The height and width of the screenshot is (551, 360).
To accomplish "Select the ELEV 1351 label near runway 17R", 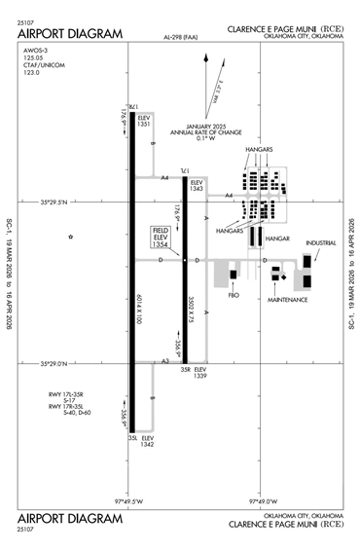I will tap(144, 121).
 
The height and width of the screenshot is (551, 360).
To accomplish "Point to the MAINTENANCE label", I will tap(288, 300).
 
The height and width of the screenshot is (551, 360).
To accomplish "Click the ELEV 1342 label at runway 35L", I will tap(147, 441).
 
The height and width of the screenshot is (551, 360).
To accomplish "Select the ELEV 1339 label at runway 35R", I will tap(200, 373).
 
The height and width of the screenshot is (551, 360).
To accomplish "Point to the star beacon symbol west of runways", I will tap(70, 237).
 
